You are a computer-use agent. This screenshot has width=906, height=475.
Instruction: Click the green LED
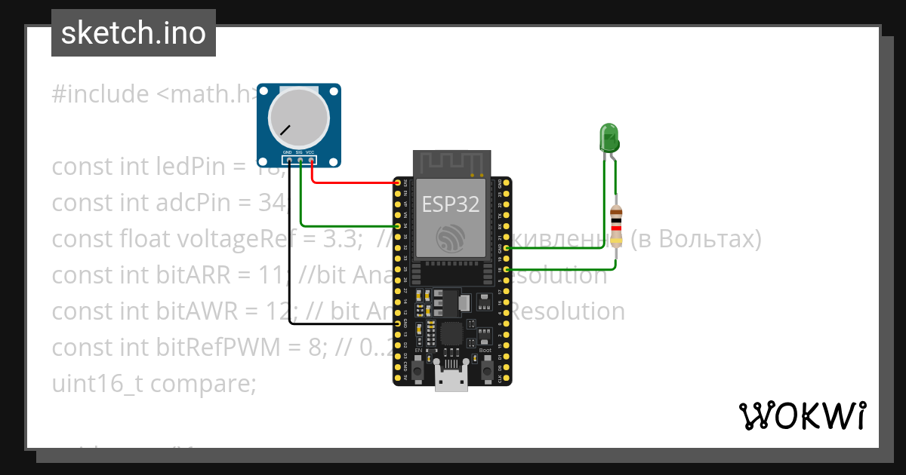pos(609,137)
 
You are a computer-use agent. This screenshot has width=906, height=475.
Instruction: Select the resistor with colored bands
pos(617,226)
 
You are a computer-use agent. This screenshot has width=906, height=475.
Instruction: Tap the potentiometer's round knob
pos(299,118)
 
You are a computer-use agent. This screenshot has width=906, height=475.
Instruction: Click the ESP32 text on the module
pos(451,204)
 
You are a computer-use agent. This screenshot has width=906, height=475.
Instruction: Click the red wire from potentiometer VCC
pos(351,182)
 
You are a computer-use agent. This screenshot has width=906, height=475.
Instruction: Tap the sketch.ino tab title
pos(133,33)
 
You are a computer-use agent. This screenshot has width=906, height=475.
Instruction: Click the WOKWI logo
pos(802,415)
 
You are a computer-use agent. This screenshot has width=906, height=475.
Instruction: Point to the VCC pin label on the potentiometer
pos(310,153)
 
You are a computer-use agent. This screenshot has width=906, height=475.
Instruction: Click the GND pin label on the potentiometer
pos(288,153)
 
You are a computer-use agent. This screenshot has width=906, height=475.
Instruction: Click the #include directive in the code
pos(100,94)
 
